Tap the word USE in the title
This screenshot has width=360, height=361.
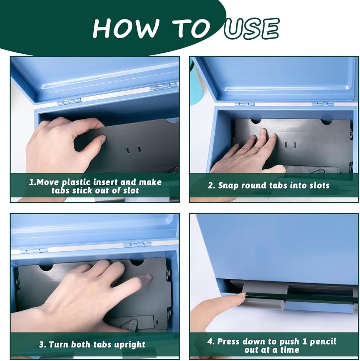coord(252,29)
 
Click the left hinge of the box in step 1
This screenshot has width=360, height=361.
coord(69,101)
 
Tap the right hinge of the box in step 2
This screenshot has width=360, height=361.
coord(323,104)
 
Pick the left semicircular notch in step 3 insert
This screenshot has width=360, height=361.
coord(46,268)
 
